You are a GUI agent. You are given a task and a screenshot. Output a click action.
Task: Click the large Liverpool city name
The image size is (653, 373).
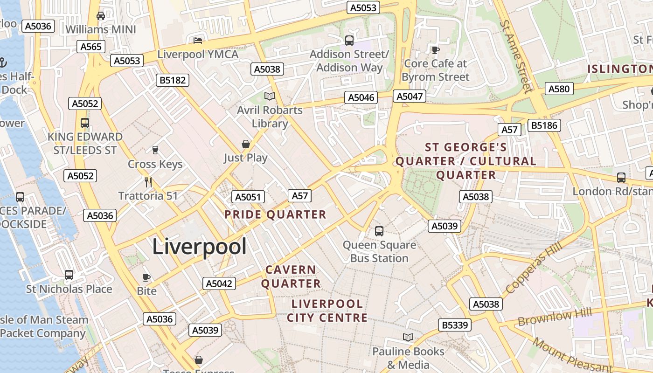pyautogui.click(x=199, y=246)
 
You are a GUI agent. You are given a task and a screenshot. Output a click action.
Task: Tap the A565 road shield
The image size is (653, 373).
pyautogui.click(x=90, y=47)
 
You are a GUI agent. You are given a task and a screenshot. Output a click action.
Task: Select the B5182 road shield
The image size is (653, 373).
pyautogui.click(x=173, y=80)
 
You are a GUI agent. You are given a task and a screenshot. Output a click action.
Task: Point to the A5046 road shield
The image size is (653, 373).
pyautogui.click(x=361, y=97)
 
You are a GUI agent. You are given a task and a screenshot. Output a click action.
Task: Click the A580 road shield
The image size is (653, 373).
pyautogui.click(x=559, y=89)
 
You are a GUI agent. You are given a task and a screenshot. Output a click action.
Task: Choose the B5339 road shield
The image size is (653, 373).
pyautogui.click(x=455, y=325)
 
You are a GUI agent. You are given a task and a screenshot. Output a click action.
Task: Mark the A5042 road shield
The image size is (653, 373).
pyautogui.click(x=219, y=283)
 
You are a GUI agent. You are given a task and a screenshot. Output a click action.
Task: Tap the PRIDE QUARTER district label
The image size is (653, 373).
pyautogui.click(x=275, y=214)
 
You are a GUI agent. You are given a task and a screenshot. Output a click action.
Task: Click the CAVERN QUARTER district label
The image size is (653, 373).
pyautogui.click(x=291, y=276)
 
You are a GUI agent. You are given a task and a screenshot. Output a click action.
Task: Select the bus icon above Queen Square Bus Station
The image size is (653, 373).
pyautogui.click(x=379, y=231)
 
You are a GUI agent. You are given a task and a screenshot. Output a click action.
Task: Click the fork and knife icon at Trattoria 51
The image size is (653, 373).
pyautogui.click(x=148, y=182)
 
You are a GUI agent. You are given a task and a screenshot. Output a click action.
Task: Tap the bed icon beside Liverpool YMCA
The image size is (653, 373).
pyautogui.click(x=198, y=40)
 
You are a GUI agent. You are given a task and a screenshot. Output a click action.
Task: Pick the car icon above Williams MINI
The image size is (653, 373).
pyautogui.click(x=100, y=16)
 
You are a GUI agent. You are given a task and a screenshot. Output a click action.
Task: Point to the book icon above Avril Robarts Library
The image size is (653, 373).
pyautogui.click(x=270, y=97)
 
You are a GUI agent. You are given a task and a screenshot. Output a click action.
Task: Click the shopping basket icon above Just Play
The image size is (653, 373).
pyautogui.click(x=246, y=144)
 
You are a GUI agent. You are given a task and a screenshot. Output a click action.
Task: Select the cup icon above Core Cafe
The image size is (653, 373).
pyautogui.click(x=435, y=49)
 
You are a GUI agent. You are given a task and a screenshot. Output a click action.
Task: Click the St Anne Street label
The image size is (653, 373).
pyautogui.click(x=516, y=56)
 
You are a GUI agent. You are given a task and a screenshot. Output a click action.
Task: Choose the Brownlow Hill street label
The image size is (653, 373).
pyautogui.click(x=555, y=317)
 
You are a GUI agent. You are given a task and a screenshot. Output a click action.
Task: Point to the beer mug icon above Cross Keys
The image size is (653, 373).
pyautogui.click(x=155, y=150)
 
